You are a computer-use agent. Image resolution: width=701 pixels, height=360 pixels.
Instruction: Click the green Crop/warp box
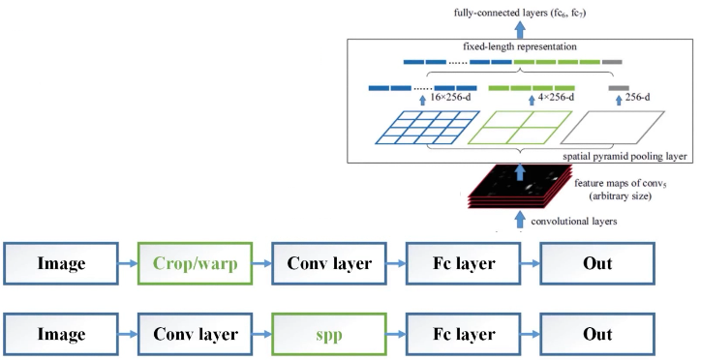198,263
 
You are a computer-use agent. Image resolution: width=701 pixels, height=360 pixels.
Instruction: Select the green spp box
330,334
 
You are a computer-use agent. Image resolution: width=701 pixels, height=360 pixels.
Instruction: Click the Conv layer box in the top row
330,263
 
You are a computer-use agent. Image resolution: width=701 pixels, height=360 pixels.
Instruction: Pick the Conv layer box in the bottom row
198,334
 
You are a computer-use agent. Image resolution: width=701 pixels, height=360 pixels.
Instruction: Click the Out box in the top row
596,263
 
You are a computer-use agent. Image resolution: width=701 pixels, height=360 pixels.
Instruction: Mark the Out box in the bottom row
596,334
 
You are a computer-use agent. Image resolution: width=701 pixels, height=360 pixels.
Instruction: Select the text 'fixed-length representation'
512,46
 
